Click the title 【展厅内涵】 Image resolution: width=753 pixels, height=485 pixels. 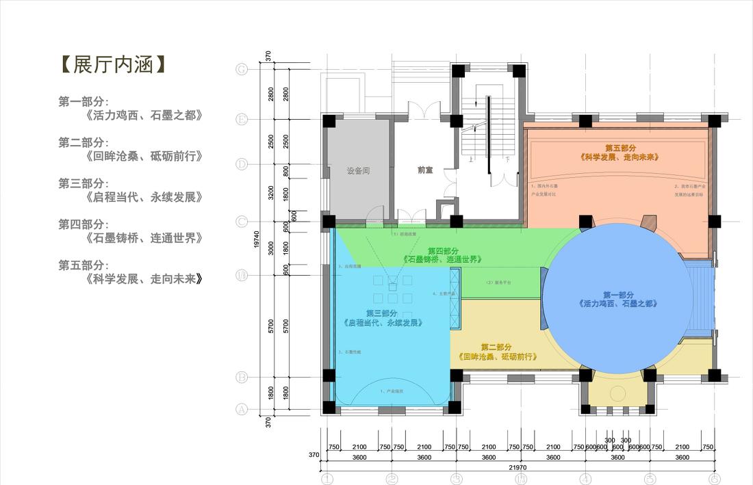coord(112,65)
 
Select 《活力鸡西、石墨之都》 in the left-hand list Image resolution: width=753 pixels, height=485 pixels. coord(144,116)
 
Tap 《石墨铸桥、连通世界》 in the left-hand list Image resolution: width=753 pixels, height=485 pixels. coord(144,238)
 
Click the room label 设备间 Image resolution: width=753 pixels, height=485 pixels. coord(358,171)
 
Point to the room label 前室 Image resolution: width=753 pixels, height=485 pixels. coord(425,170)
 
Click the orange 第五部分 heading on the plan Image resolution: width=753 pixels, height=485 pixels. coord(620,148)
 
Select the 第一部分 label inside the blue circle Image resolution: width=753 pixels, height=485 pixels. coord(617,295)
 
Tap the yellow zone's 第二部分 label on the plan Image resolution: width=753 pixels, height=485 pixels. coord(496,348)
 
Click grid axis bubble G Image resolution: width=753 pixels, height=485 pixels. coord(241,69)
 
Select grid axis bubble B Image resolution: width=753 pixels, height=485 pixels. coord(241,377)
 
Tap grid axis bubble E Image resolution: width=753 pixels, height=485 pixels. coord(241,120)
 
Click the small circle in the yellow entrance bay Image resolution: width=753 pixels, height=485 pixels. coord(618,393)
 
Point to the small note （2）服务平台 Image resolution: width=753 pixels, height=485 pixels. coord(498,282)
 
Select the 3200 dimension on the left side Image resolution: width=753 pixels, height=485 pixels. coord(272,193)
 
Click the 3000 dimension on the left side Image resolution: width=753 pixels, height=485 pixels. coord(272,248)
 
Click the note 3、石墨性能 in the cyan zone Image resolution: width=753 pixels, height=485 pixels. coord(349,352)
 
